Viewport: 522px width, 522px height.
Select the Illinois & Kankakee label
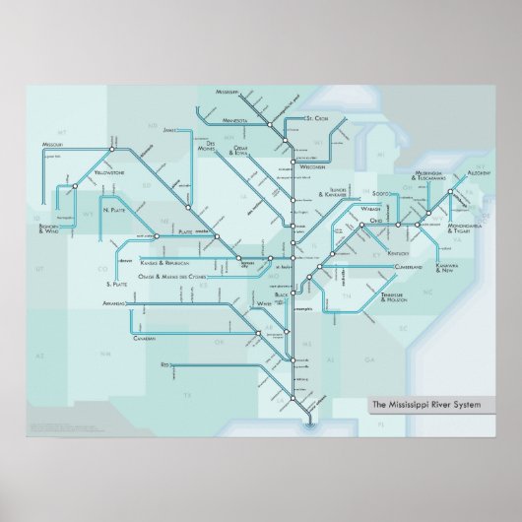click(338, 194)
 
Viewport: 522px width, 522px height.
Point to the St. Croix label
click(316, 118)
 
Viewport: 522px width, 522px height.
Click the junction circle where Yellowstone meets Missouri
click(112, 151)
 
